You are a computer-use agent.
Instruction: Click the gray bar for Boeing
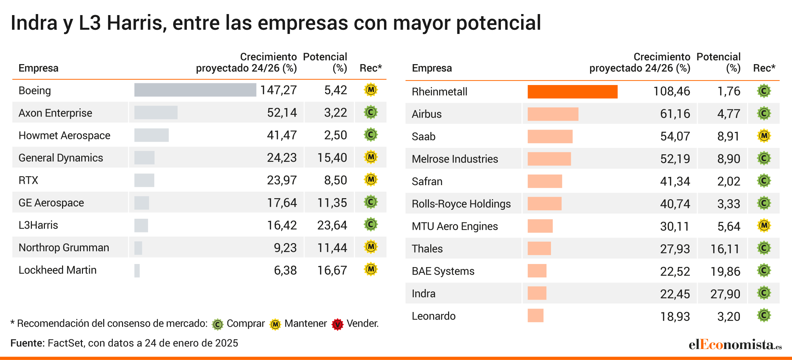coord(195,90)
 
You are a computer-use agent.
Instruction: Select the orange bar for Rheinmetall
coord(572,92)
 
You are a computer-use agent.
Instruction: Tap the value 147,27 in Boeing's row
coord(278,90)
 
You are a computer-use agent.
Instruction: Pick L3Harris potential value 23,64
coord(332,225)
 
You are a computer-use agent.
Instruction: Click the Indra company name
coord(423,293)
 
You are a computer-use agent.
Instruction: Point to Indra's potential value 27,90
coord(725,294)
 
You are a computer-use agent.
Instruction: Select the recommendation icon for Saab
coord(764,136)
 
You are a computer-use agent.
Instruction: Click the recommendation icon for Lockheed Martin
coord(371,269)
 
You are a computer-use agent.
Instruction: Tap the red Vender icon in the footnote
coord(337,324)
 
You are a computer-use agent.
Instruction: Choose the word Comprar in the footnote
coord(245,323)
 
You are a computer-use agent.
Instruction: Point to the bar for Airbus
coord(553,114)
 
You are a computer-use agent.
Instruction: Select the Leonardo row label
coord(433,316)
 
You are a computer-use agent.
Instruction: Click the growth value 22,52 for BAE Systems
coord(675,271)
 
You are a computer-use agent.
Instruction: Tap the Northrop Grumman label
coord(64,248)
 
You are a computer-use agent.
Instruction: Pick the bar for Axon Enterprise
coord(156,112)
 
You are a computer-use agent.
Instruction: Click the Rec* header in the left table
coord(370,68)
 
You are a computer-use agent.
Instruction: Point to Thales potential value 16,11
coord(725,249)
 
